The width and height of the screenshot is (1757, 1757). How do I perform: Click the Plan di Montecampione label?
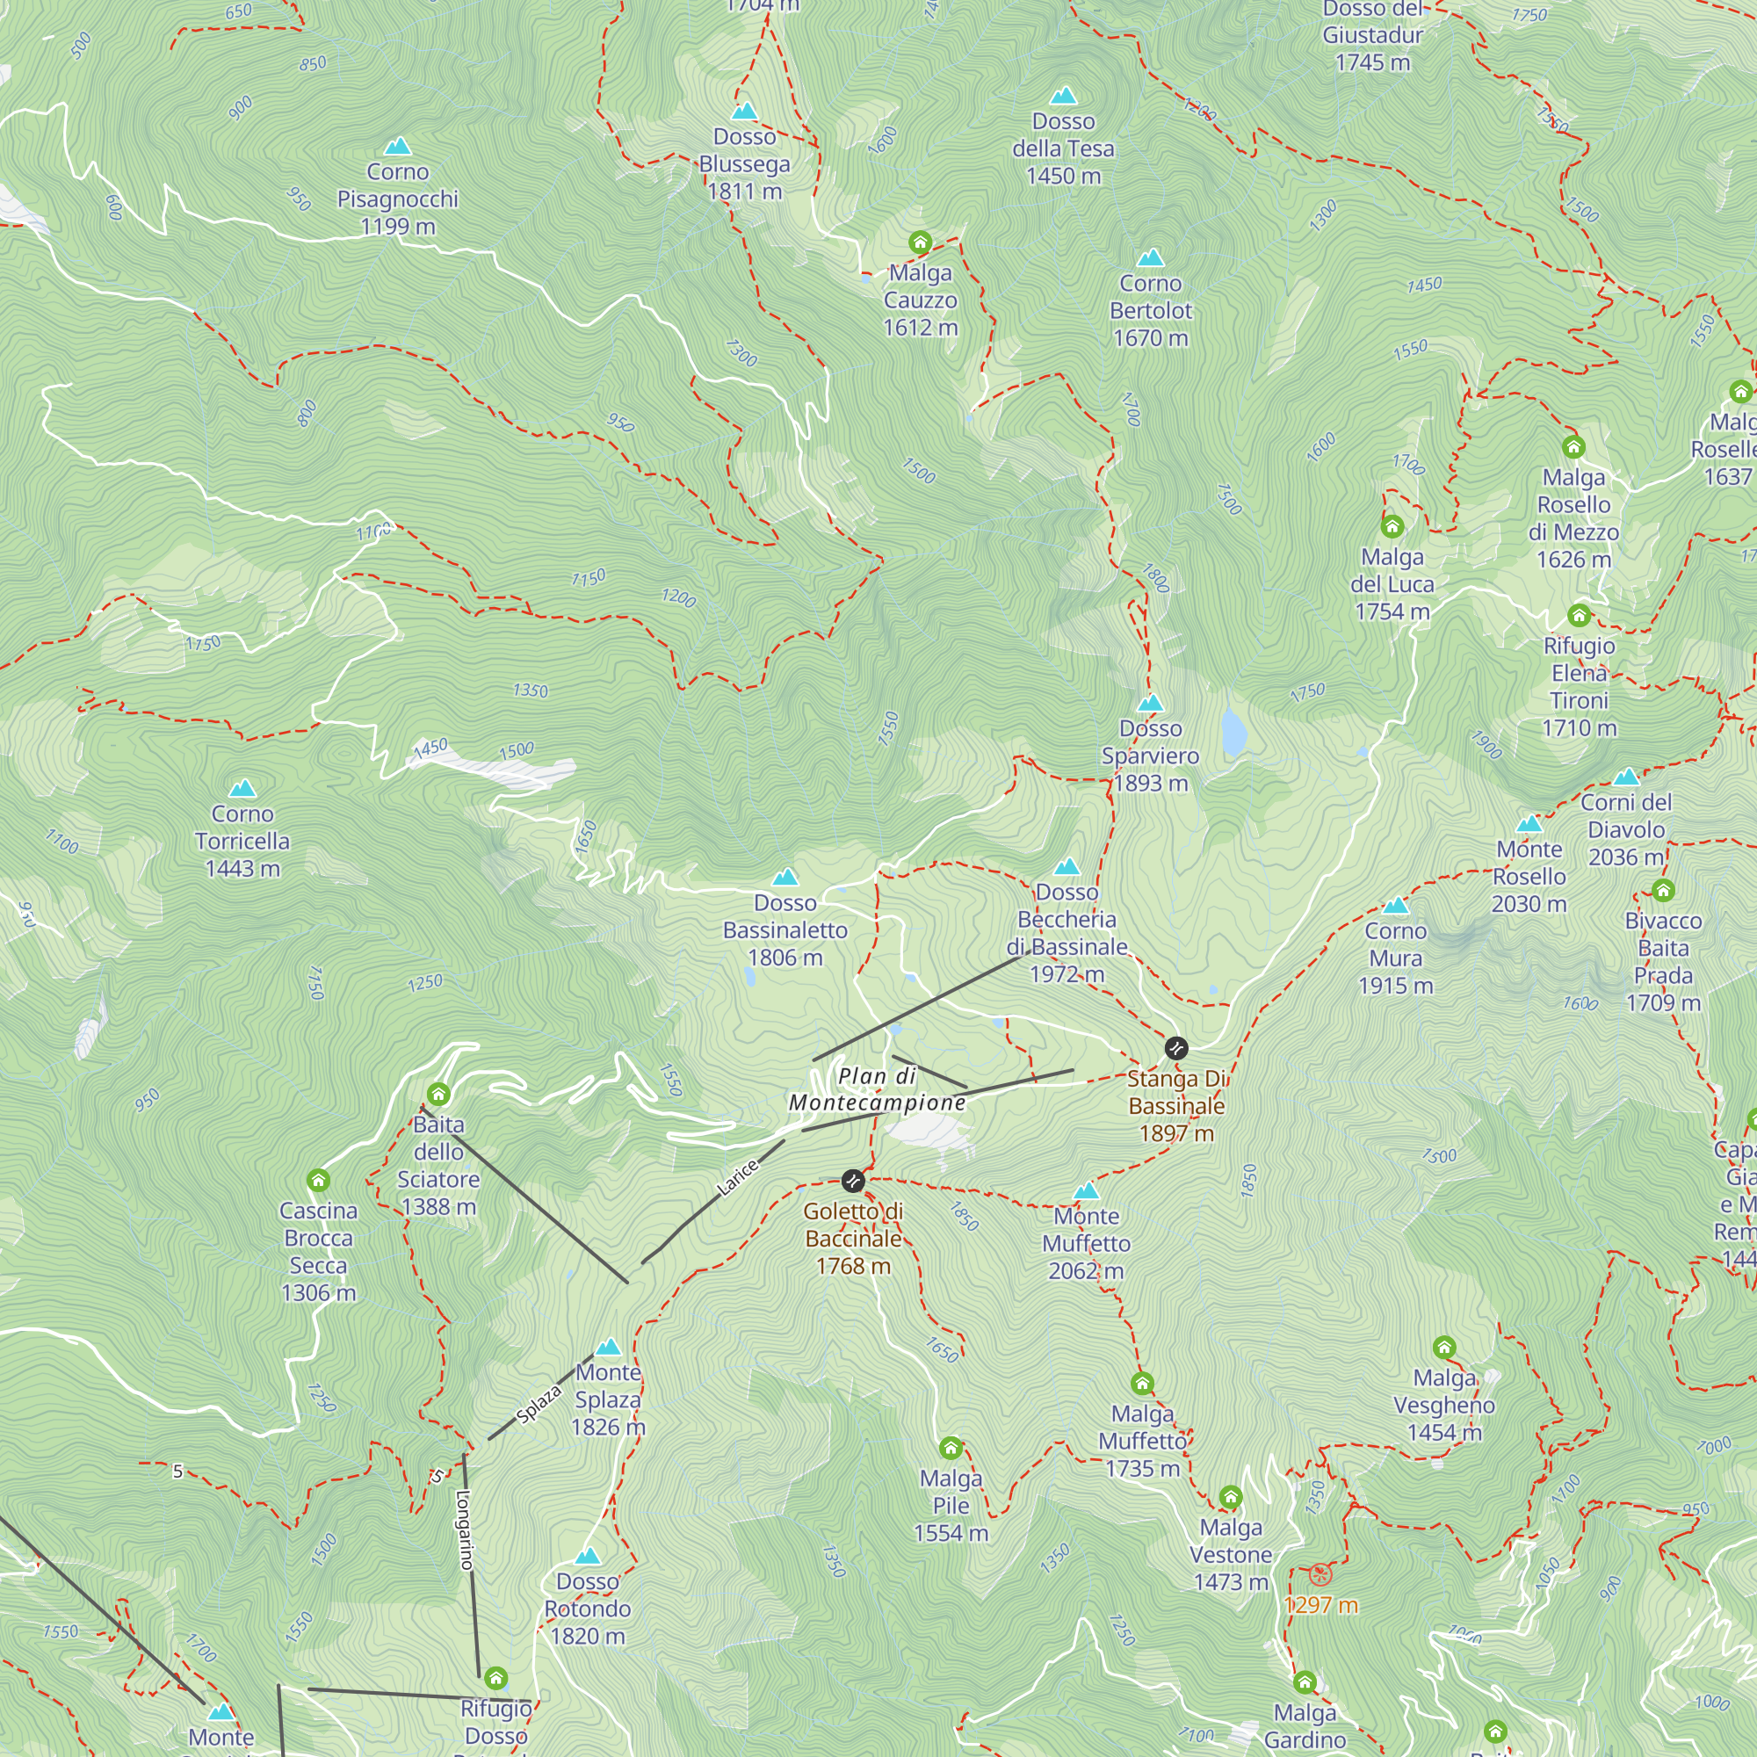pyautogui.click(x=877, y=1088)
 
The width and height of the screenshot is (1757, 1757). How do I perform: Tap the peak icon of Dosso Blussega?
pyautogui.click(x=744, y=111)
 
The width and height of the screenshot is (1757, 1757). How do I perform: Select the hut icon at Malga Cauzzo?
pyautogui.click(x=920, y=242)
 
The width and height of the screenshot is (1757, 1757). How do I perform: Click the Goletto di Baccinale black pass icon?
pyautogui.click(x=852, y=1181)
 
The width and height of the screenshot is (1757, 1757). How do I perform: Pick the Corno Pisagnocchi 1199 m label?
pyautogui.click(x=397, y=199)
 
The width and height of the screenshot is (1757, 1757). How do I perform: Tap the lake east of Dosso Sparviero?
pyautogui.click(x=1233, y=733)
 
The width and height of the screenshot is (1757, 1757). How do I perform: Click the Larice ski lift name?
pyautogui.click(x=738, y=1178)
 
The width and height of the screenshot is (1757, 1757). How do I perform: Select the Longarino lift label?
pyautogui.click(x=465, y=1530)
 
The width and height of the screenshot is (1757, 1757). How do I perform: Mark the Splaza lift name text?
pyautogui.click(x=539, y=1404)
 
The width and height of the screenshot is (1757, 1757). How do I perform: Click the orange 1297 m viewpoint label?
pyautogui.click(x=1320, y=1605)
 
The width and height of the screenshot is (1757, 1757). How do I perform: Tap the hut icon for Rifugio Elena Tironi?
pyautogui.click(x=1579, y=616)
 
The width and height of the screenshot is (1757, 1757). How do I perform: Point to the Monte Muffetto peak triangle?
pyautogui.click(x=1086, y=1190)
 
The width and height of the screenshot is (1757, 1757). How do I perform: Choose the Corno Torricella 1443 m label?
pyautogui.click(x=242, y=841)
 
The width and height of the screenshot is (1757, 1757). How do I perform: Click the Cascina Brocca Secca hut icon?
pyautogui.click(x=317, y=1181)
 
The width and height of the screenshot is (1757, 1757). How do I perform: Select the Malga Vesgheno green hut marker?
pyautogui.click(x=1444, y=1347)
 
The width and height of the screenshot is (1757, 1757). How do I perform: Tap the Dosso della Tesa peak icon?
pyautogui.click(x=1063, y=96)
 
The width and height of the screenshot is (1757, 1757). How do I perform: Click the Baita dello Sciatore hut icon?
pyautogui.click(x=438, y=1094)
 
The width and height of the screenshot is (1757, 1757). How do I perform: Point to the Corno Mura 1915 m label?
pyautogui.click(x=1395, y=958)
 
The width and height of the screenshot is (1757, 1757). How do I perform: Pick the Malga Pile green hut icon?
pyautogui.click(x=951, y=1447)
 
